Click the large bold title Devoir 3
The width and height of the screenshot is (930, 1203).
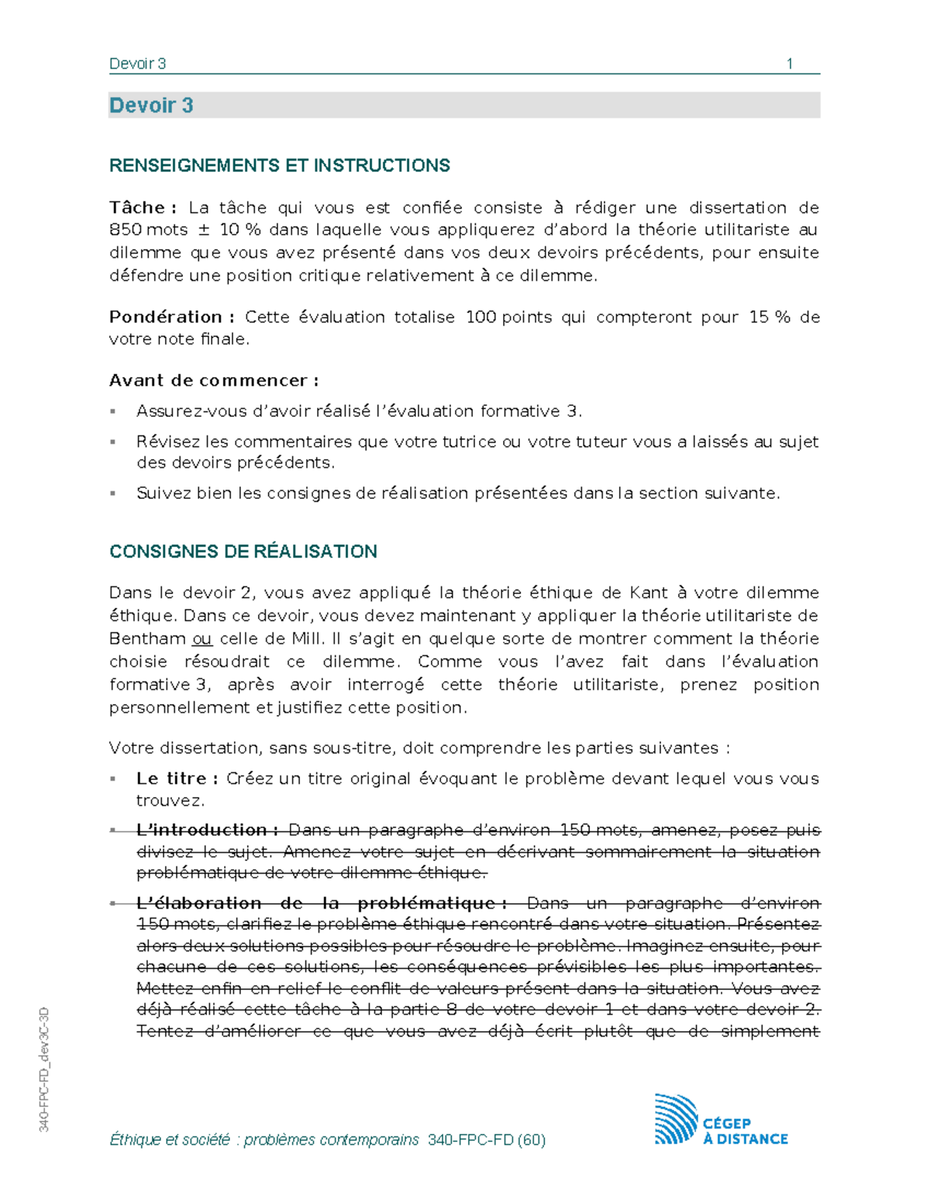tap(151, 105)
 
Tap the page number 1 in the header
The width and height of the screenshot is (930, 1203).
tap(789, 64)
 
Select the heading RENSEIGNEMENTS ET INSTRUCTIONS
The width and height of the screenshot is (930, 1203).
tap(279, 165)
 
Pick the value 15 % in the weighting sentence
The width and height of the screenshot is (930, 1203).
tap(769, 317)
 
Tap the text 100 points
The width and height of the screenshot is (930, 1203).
tap(508, 317)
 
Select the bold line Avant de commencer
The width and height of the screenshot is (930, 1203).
tap(213, 380)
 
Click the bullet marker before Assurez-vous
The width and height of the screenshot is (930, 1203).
tap(113, 411)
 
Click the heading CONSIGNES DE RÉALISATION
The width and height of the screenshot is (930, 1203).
tap(243, 552)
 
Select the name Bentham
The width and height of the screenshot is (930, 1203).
tap(147, 639)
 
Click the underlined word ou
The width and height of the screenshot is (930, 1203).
tap(201, 639)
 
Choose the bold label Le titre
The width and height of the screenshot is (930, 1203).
tap(177, 779)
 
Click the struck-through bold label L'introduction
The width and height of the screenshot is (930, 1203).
tap(207, 830)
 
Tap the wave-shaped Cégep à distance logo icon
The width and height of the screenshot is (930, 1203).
tap(676, 1119)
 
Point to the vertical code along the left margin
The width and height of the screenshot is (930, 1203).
tap(44, 1069)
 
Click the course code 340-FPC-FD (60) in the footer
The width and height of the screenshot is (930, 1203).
tap(486, 1139)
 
